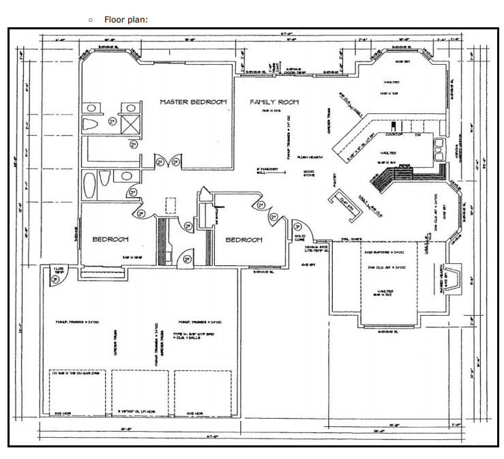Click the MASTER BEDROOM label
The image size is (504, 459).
coord(193,102)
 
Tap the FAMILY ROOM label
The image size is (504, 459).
coord(274,102)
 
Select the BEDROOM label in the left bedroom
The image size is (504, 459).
coord(110,239)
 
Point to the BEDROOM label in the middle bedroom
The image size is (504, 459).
coord(243,240)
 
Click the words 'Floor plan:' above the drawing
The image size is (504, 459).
coord(126,19)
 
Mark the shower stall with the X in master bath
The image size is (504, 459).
coord(130,124)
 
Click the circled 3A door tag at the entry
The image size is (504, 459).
coord(297,226)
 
